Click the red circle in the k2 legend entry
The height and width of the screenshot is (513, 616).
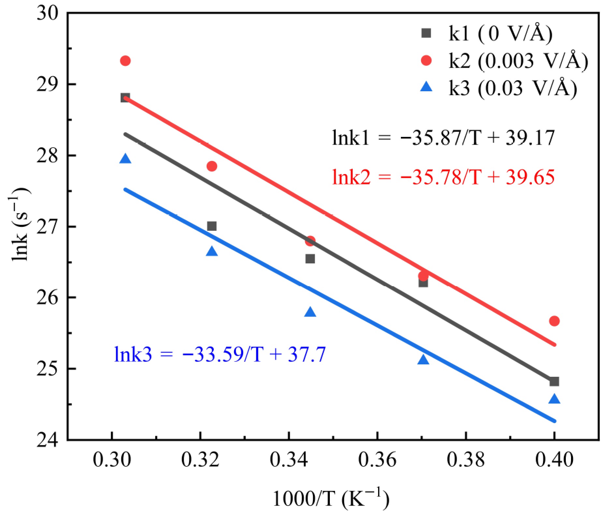coord(426,61)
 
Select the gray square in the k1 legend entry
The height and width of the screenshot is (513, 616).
coord(426,33)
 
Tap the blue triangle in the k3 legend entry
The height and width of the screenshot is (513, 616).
coord(426,87)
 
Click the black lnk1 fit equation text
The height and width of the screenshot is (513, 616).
coord(443,138)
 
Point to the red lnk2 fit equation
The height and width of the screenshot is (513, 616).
coord(443,178)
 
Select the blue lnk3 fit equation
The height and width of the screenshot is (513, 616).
coord(220,355)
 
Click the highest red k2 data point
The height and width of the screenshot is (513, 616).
coord(125,61)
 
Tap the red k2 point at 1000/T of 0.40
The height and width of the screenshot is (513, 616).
coord(554,321)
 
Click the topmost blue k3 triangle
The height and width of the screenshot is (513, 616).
coord(125,159)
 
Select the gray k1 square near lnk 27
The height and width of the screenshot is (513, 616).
coord(212,226)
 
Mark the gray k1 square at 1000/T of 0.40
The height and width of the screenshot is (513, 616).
coord(554,381)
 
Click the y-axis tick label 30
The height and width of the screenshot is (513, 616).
coord(49,13)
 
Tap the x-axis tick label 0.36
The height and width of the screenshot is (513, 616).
coord(377,460)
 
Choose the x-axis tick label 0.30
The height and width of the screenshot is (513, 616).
coord(112,460)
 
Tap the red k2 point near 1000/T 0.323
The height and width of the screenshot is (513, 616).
coord(212,166)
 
